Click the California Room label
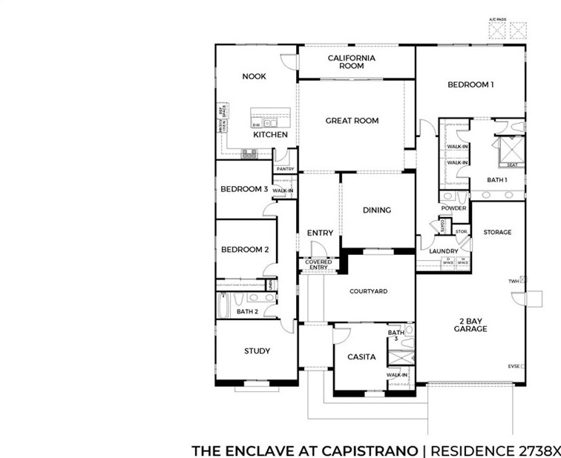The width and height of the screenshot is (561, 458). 352,62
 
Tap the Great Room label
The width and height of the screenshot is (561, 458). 352,121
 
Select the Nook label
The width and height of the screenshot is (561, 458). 254,76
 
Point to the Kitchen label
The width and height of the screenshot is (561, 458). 270,135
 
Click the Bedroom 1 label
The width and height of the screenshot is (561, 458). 470,84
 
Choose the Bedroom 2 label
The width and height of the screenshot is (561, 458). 244,250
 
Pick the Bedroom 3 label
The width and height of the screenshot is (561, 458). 244,190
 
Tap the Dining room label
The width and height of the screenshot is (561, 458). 376,210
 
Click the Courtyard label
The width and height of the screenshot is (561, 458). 368,291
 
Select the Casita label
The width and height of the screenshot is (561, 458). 361,357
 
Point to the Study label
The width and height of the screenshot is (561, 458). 257,351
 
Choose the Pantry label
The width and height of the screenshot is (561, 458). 285,170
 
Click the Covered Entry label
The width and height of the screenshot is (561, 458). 318,265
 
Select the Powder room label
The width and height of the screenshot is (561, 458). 453,208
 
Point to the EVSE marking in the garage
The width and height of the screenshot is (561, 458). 514,366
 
